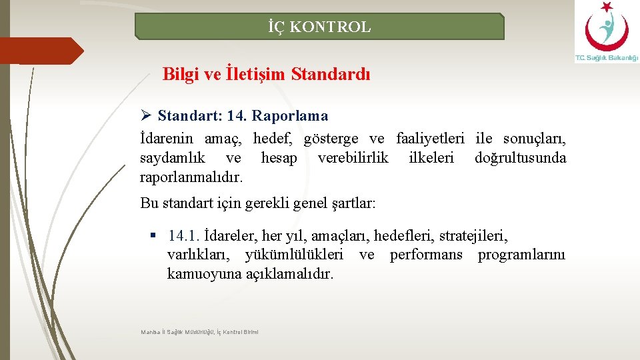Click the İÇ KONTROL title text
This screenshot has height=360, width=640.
click(319, 27)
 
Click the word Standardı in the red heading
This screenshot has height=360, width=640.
click(331, 74)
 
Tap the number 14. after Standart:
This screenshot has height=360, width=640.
click(236, 116)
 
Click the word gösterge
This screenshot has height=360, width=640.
click(331, 139)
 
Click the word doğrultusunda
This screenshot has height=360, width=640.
click(520, 158)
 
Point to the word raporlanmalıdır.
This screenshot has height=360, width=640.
click(191, 177)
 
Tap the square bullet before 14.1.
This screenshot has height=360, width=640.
click(153, 235)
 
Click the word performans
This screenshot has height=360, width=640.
click(426, 255)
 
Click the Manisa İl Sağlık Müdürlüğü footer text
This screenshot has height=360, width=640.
click(199, 331)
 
